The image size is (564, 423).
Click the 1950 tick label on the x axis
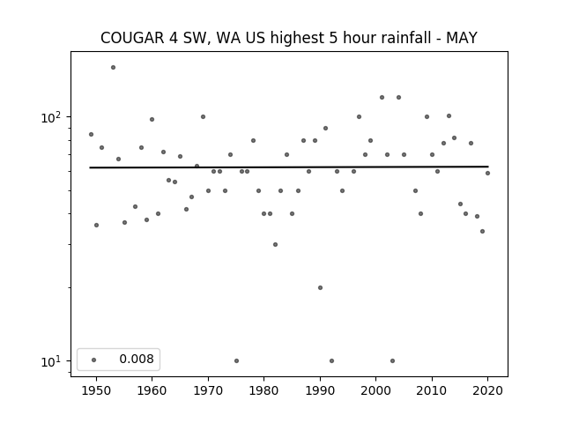[x=96, y=390]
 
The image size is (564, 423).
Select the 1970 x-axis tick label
[x=208, y=390]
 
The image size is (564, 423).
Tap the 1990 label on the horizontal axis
[x=320, y=390]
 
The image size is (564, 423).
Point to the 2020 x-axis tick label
[x=487, y=390]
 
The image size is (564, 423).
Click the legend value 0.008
[x=137, y=359]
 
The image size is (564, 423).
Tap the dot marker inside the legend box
[x=94, y=360]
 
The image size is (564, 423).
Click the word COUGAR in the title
[x=132, y=38]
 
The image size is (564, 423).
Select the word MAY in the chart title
[x=462, y=38]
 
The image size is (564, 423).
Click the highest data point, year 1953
[x=114, y=67]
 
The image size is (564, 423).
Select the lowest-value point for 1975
[x=236, y=360]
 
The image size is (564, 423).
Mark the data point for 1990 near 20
[x=320, y=288]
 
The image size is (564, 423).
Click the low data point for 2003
[x=392, y=360]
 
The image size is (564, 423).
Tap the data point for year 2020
[x=487, y=173]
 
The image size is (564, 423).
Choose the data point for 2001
[x=382, y=98]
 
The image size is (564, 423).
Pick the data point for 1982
[x=275, y=245]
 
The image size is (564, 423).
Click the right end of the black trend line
[x=488, y=167]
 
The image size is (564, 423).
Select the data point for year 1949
[x=91, y=135]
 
